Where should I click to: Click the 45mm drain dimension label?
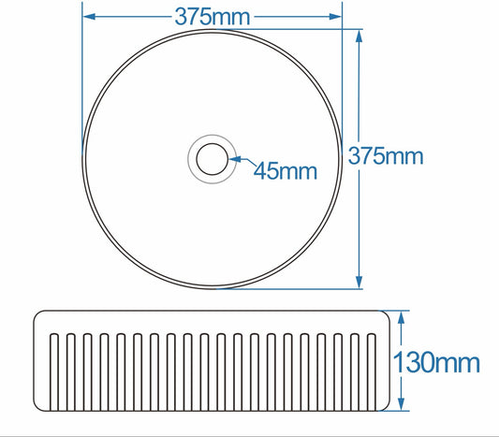(x=286, y=171)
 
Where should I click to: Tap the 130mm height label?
(x=436, y=362)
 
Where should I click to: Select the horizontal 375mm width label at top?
(x=213, y=17)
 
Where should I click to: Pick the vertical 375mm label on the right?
(x=386, y=156)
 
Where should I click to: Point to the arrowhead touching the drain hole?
(x=235, y=159)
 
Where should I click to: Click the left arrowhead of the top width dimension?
(x=89, y=16)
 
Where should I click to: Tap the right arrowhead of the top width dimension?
(x=336, y=16)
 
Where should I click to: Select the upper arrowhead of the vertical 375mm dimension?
(x=359, y=36)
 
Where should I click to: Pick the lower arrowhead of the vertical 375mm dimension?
(x=359, y=283)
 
